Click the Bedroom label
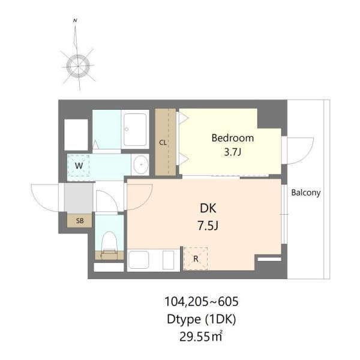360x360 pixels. (x=233, y=138)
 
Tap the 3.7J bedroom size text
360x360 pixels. (x=233, y=152)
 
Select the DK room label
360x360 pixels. (x=208, y=208)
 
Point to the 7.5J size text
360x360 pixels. (x=208, y=226)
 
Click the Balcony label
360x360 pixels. (x=306, y=193)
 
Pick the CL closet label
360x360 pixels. (x=163, y=143)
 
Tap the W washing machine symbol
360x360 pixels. (x=79, y=166)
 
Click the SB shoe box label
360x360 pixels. (x=80, y=221)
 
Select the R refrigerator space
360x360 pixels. (x=196, y=259)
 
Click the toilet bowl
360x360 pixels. (x=109, y=243)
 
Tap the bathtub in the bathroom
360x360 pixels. (x=135, y=130)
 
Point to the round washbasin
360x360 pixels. (x=141, y=164)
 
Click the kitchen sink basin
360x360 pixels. (x=139, y=260)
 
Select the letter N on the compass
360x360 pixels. (x=75, y=20)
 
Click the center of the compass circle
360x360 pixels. (x=78, y=66)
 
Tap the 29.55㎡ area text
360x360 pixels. (x=201, y=337)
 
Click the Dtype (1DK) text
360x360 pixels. (x=202, y=319)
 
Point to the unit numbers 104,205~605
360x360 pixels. (x=202, y=301)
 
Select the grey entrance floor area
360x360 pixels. (x=79, y=197)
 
